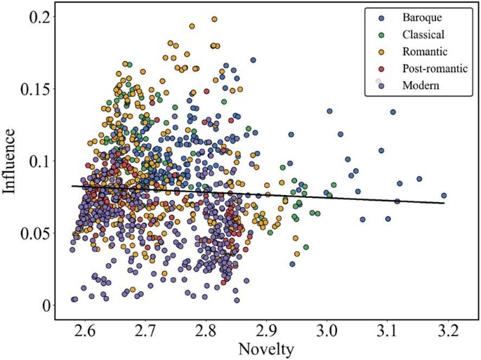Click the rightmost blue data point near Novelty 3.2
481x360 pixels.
click(444, 196)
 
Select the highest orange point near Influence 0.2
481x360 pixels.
click(214, 20)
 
